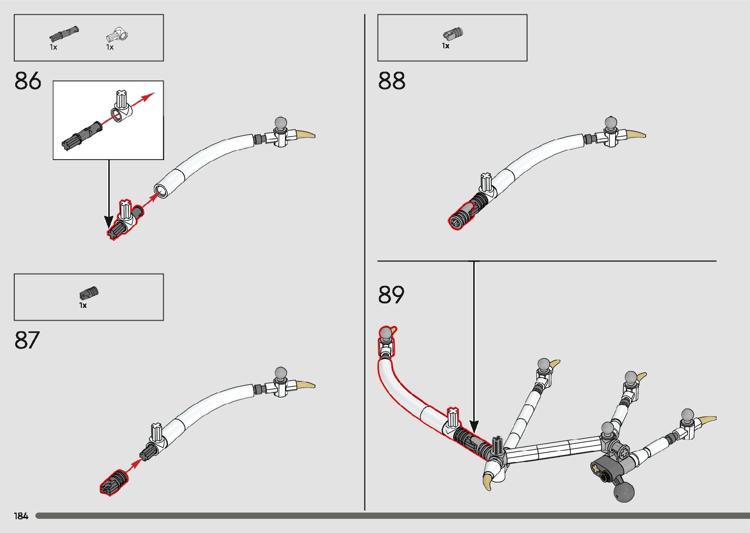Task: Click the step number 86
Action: pos(28,81)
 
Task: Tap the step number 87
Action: pos(27,340)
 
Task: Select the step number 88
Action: pos(391,81)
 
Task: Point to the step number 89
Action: pos(391,295)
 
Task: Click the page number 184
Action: pos(21,516)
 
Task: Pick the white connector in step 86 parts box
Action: pos(118,36)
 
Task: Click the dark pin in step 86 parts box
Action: pos(64,34)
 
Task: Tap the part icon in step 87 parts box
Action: pos(89,294)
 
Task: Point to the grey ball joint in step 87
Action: pos(281,373)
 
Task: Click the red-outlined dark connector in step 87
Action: pos(114,484)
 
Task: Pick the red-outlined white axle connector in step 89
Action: pos(453,417)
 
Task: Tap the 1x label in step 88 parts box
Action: pos(445,46)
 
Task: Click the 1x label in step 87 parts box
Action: pos(83,305)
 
